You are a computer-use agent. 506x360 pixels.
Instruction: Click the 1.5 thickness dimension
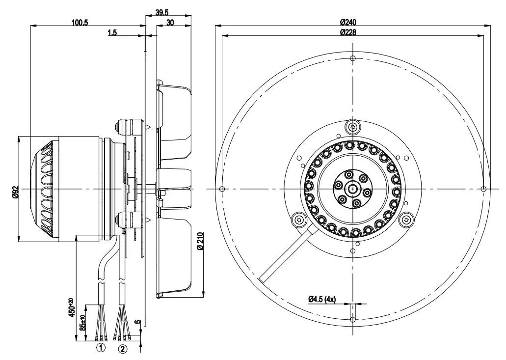(x=111, y=32)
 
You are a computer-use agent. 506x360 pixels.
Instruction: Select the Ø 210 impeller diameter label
(x=200, y=241)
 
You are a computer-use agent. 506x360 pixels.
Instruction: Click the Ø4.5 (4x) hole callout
(x=321, y=299)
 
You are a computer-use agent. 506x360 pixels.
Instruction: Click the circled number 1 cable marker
(x=101, y=348)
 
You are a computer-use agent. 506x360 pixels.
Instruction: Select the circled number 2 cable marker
(x=123, y=349)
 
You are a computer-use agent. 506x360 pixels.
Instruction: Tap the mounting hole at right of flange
(x=484, y=189)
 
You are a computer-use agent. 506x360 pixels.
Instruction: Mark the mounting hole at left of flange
(x=222, y=189)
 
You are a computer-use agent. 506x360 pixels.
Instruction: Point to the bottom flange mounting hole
(x=353, y=320)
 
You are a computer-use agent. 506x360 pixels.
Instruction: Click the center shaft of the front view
(x=353, y=189)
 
